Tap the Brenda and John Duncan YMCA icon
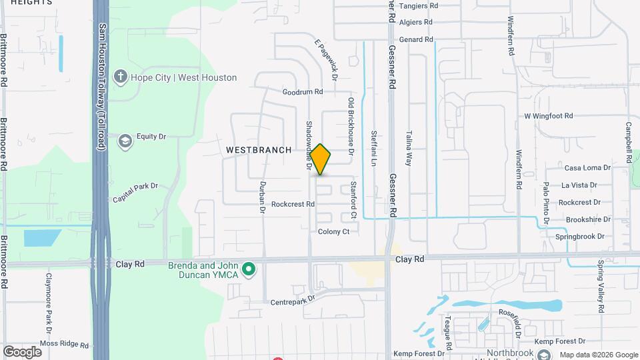[249, 270]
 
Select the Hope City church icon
[121, 77]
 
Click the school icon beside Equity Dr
[125, 141]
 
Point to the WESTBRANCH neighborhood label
[259, 150]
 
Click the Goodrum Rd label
[302, 92]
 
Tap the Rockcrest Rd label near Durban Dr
[293, 204]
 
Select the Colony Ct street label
[333, 231]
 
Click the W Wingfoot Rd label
[548, 116]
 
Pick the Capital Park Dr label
[135, 193]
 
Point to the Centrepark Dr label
[292, 302]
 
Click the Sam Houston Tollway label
[102, 87]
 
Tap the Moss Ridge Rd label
[64, 345]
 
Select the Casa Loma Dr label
[587, 168]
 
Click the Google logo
[22, 351]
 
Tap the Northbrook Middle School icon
[544, 354]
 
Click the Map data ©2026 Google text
[598, 355]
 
